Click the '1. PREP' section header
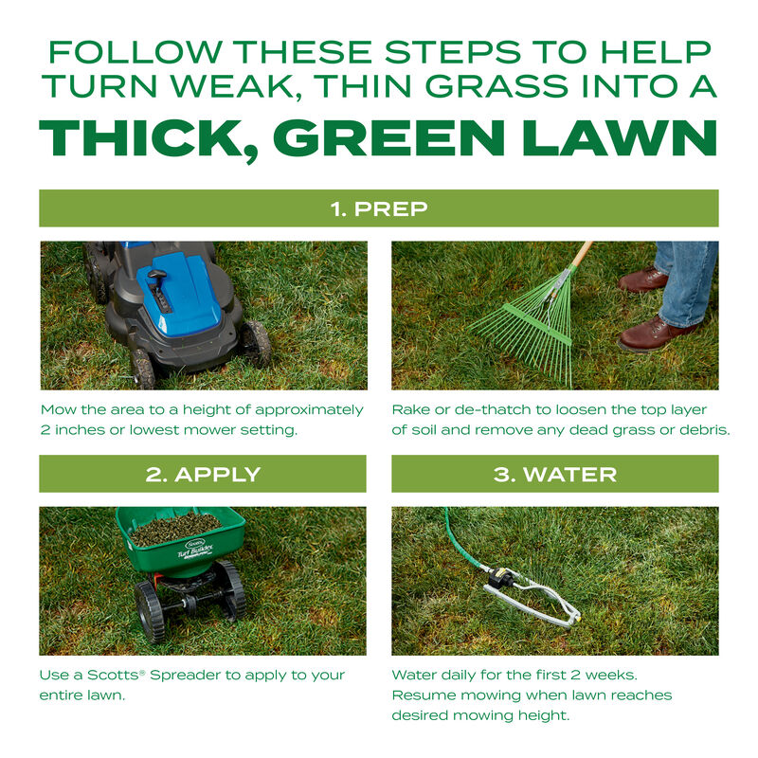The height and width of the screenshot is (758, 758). coord(378,208)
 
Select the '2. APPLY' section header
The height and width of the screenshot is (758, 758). coord(203,474)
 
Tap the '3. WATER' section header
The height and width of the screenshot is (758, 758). coord(554,474)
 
